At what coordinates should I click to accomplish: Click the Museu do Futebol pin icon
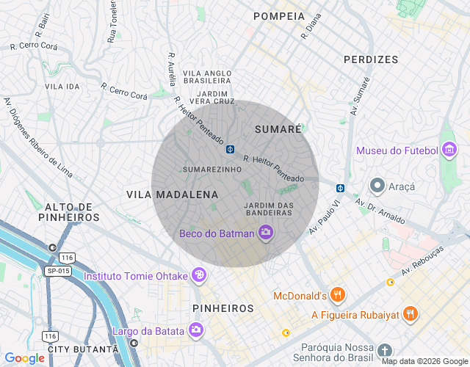tap(448, 150)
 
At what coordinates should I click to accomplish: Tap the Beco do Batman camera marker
tap(266, 233)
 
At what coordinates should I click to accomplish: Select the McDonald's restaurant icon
tap(338, 296)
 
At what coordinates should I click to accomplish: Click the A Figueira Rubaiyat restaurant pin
tap(410, 314)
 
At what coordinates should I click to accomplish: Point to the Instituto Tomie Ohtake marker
tap(198, 276)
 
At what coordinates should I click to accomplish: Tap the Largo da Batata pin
tap(195, 330)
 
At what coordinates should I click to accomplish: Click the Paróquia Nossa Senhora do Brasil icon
tap(386, 351)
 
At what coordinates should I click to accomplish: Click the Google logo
tap(24, 358)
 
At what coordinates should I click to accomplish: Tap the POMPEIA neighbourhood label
tap(278, 16)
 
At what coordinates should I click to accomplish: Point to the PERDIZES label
tap(371, 59)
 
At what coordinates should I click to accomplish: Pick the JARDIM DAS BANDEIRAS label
tap(268, 208)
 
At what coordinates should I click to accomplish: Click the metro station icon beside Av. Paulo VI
tap(340, 188)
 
